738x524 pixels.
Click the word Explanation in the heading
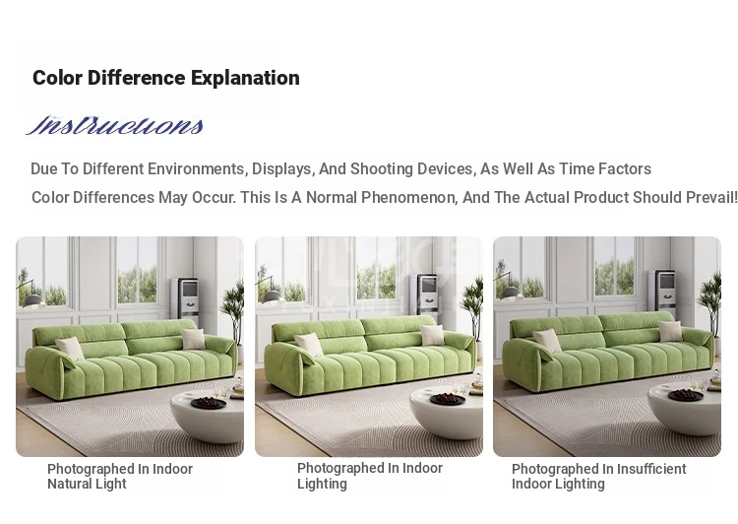pos(245,78)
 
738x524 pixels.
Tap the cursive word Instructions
pos(115,125)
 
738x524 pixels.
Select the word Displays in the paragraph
pos(283,169)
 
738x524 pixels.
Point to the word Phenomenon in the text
pos(405,197)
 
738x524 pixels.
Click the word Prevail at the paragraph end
pos(711,197)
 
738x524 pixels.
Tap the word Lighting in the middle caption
pos(322,484)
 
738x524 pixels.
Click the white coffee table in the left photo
pos(207,415)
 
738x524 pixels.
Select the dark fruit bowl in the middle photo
pos(448,399)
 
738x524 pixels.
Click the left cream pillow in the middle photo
pos(308,344)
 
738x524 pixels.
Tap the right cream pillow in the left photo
pos(194,339)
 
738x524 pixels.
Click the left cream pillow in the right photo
pos(547,340)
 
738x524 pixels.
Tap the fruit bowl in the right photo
pos(685,394)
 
